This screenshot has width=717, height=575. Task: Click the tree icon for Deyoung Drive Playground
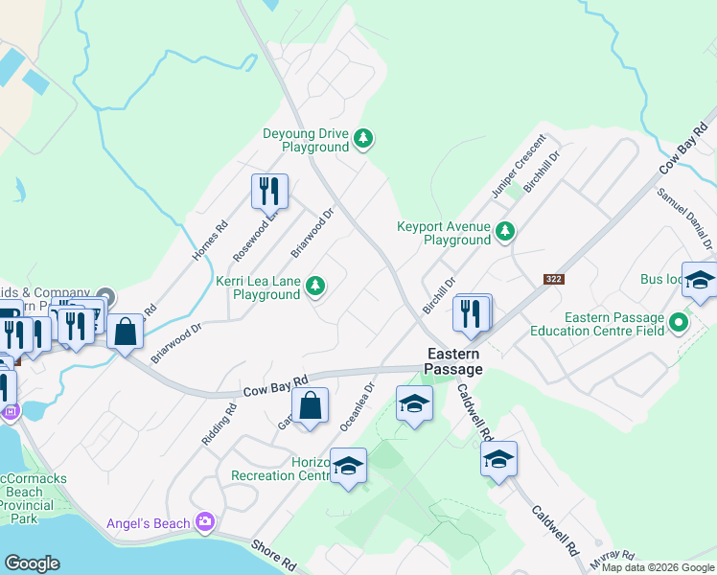[x=362, y=140]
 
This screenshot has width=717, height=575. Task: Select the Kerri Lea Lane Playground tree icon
[x=313, y=285]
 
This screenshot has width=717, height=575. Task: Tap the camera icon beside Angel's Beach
[x=204, y=522]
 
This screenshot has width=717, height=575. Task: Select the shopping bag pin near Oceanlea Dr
[x=310, y=406]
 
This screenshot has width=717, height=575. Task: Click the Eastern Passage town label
[x=453, y=360]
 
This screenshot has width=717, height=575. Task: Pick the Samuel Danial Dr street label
[x=683, y=218]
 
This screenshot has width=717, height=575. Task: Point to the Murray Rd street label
[x=613, y=555]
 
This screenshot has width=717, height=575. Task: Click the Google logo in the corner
[x=32, y=563]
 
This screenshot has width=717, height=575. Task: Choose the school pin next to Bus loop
[x=700, y=281]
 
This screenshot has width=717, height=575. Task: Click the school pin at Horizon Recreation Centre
[x=348, y=467]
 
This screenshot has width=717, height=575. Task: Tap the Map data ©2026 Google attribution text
[x=658, y=567]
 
